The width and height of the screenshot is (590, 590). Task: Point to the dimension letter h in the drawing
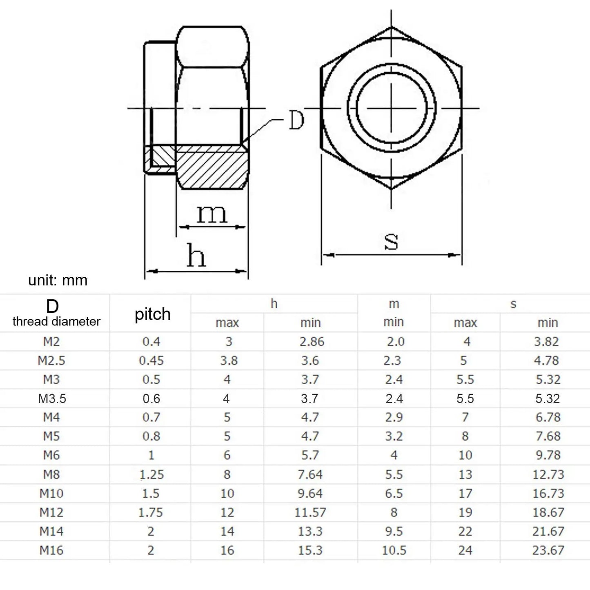(x=196, y=256)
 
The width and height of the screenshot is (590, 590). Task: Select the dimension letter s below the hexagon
(x=391, y=241)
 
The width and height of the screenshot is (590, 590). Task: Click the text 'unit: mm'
(x=58, y=281)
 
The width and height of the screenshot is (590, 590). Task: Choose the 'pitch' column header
(x=152, y=314)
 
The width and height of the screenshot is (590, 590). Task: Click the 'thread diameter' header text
(x=56, y=321)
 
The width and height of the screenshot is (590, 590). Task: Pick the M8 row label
(x=51, y=474)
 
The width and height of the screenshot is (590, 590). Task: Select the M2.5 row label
(x=51, y=361)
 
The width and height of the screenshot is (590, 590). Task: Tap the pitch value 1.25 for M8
(x=151, y=474)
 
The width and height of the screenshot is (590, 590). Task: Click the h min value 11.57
(x=310, y=512)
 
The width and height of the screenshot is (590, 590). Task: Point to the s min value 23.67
(x=548, y=550)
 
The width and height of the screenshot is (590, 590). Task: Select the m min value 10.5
(x=394, y=550)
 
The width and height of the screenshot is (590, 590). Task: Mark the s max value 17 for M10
(x=465, y=494)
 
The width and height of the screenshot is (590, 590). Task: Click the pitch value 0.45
(x=151, y=361)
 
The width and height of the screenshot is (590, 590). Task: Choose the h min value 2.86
(x=312, y=341)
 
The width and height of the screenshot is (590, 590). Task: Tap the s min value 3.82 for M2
(x=546, y=341)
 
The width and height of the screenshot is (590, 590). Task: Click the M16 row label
(x=51, y=550)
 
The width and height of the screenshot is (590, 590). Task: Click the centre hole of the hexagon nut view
(x=392, y=108)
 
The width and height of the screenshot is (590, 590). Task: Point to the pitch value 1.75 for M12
(x=150, y=512)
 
